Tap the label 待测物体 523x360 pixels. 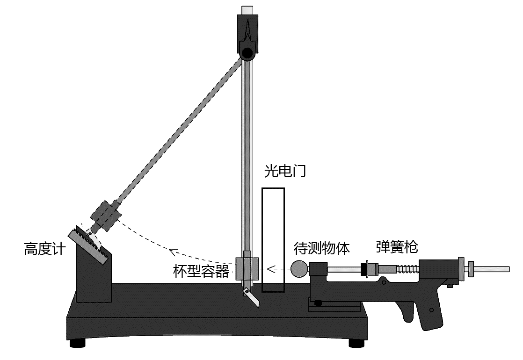tap(321, 248)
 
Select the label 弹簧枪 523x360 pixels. tap(397, 246)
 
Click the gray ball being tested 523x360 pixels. tap(299, 268)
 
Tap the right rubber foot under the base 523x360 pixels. tap(358, 343)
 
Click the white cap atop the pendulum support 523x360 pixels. tap(247, 10)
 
